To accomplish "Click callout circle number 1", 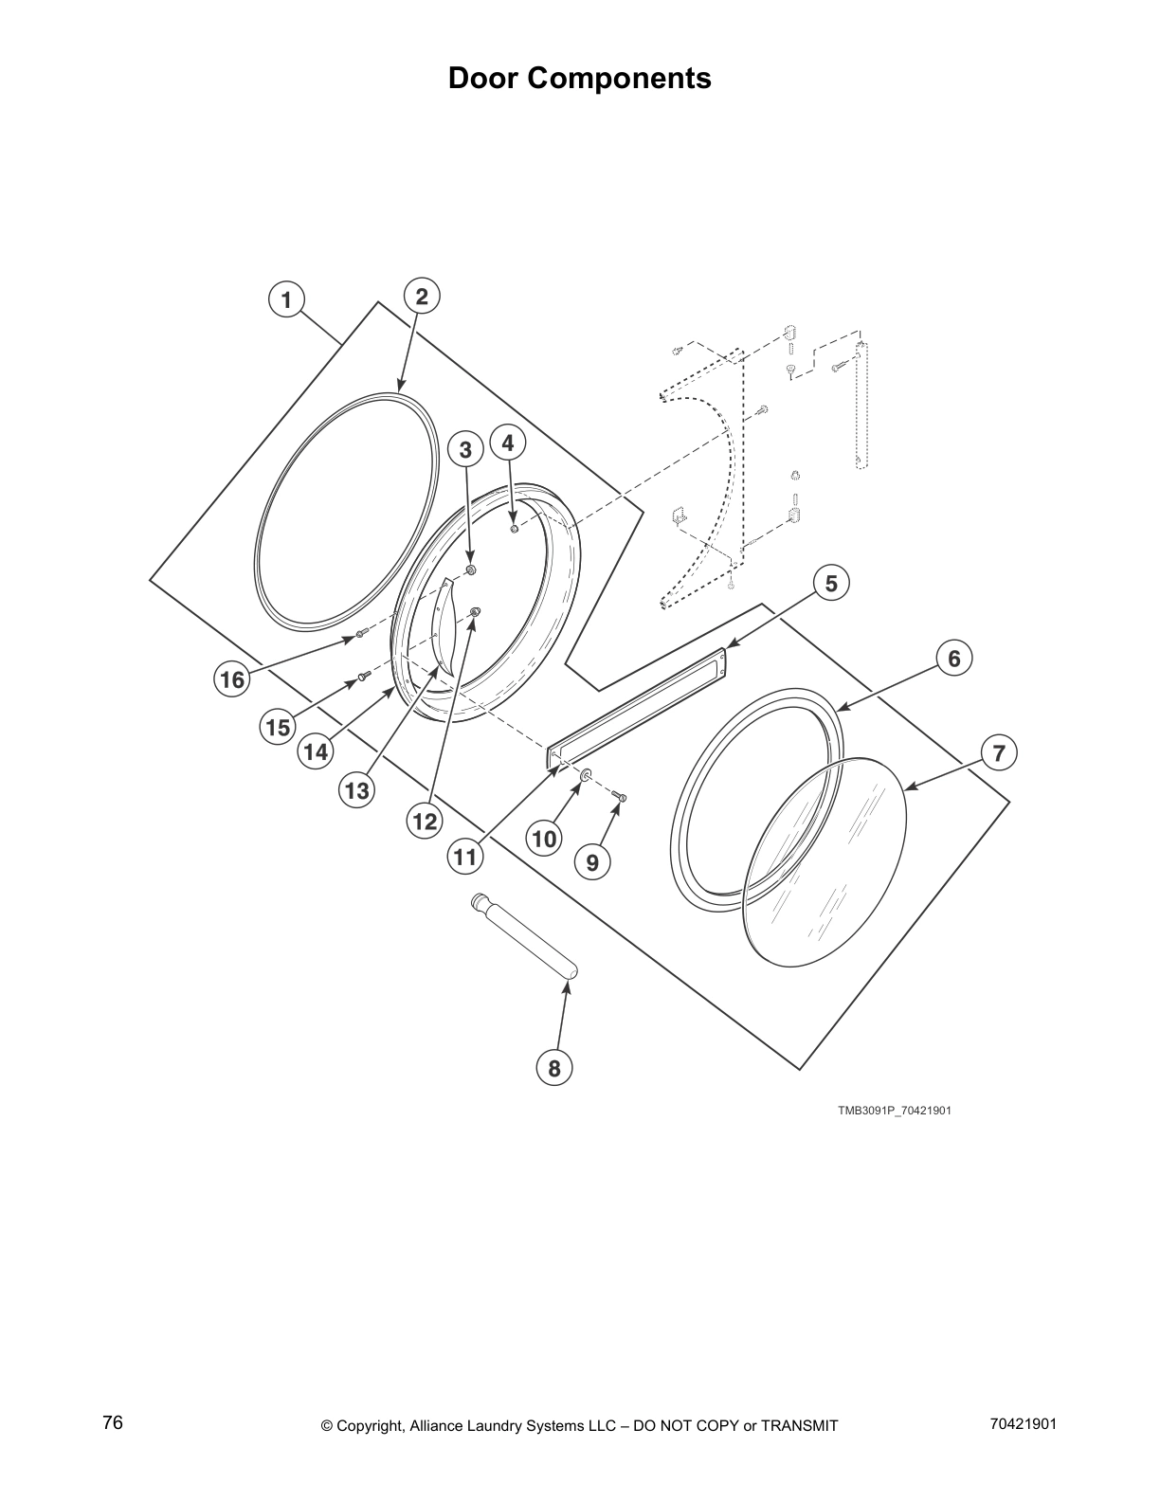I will pos(284,299).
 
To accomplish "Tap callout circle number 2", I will pos(422,297).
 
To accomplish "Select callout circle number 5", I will pos(831,584).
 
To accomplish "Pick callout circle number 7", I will pos(998,753).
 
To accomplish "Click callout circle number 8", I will pos(554,1069).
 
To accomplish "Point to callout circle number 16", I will pos(232,679).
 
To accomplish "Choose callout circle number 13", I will pos(357,789).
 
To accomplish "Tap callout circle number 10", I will pos(544,838).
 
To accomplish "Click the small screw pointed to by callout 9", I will pos(619,799).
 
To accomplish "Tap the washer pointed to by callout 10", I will pos(586,777).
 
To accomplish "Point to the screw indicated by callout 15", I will pos(362,677).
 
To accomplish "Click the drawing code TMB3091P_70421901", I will pos(893,1111).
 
